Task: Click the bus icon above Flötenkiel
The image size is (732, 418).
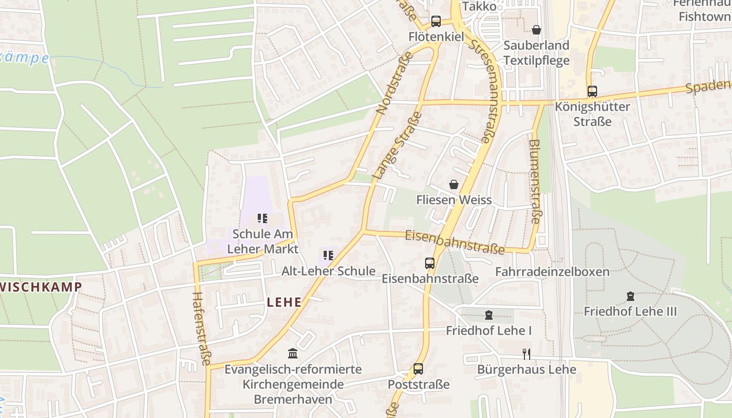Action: point(436,21)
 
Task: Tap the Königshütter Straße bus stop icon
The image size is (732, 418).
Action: point(592,91)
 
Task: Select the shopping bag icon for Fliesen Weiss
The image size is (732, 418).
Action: point(454,184)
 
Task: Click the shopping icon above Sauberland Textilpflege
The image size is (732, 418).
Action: point(536,30)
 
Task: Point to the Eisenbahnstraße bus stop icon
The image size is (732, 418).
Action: point(430,263)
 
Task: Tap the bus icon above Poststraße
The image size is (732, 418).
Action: point(418,369)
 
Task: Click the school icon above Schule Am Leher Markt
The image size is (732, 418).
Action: point(262,218)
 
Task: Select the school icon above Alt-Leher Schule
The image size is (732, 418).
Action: point(328,256)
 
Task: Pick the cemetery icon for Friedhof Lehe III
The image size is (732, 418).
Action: point(630,296)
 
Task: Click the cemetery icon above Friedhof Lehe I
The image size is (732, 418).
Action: point(488,315)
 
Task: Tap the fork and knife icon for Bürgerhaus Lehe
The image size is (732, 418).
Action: point(527,354)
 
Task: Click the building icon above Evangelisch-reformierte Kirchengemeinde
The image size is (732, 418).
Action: point(293,354)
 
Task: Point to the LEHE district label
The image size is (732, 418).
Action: point(284,302)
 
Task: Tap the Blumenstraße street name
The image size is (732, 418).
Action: point(534,181)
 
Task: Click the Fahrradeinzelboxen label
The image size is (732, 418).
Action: point(552,272)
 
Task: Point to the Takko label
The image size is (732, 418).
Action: point(479,6)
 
